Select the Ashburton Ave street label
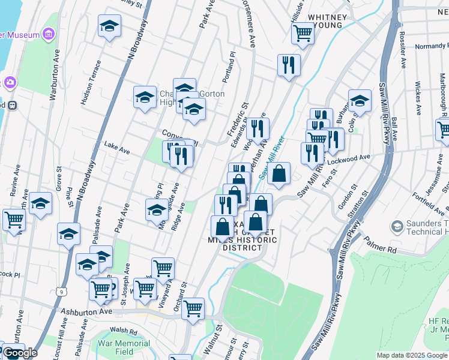88,312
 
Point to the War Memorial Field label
124,347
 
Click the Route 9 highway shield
62,292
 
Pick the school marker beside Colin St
360,101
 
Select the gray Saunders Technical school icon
397,227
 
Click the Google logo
20,353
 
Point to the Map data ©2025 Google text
412,355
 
